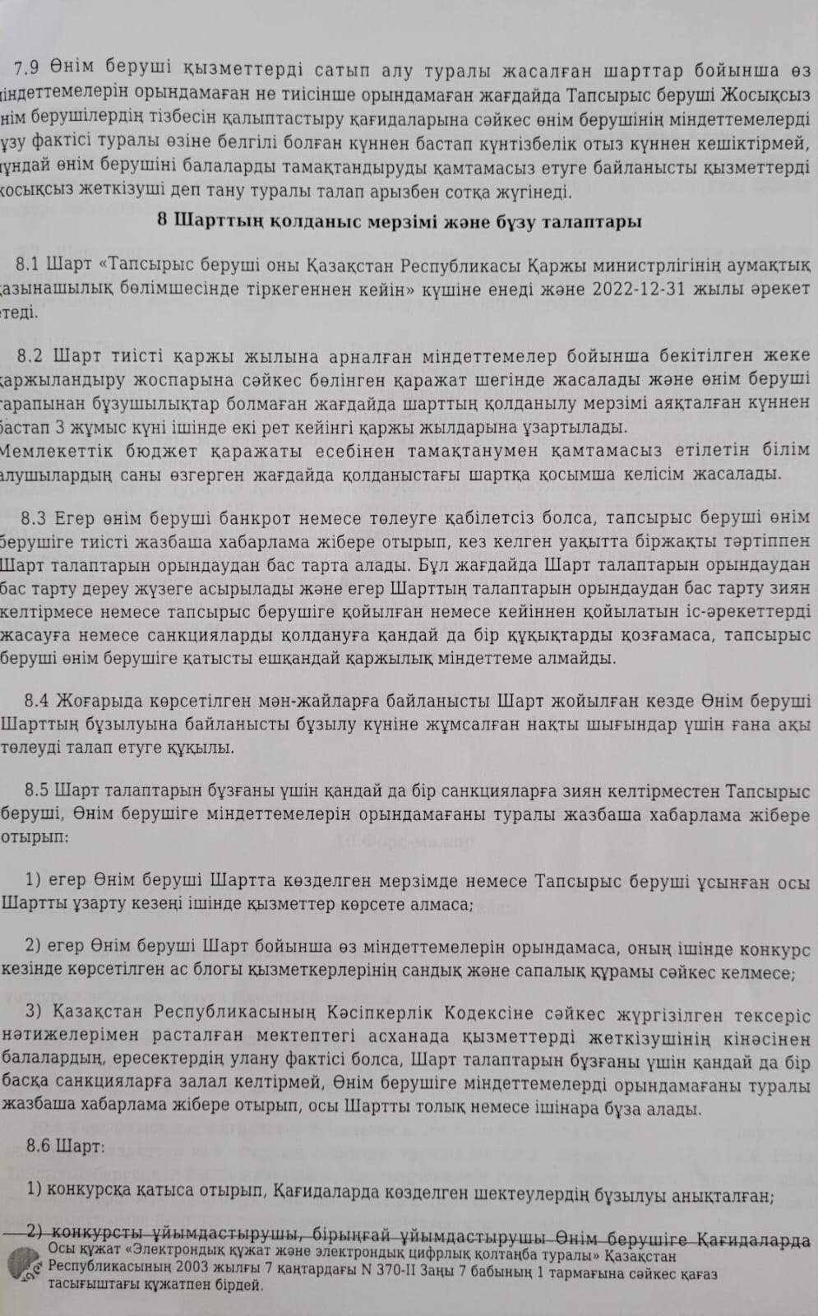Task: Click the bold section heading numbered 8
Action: pyautogui.click(x=398, y=221)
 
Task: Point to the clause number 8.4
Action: pyautogui.click(x=38, y=701)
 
